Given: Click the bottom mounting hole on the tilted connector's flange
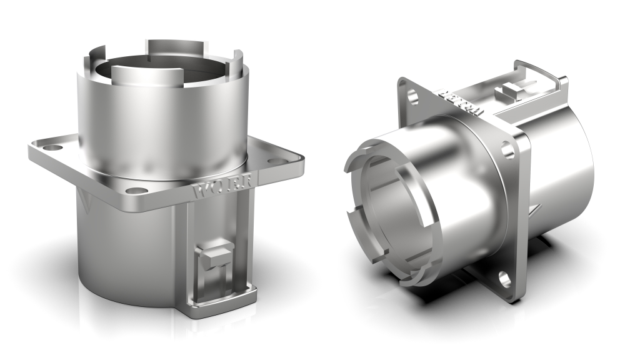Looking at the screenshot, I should tap(505, 279).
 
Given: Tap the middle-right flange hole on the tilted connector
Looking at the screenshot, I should tap(507, 151).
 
